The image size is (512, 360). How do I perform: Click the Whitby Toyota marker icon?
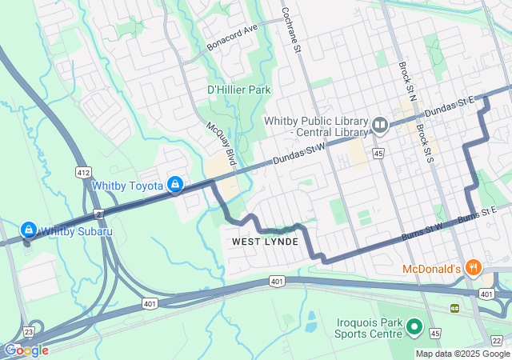175,185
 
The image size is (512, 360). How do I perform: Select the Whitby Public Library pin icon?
380,125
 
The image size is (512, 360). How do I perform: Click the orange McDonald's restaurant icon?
474,269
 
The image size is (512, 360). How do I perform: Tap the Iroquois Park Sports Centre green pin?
414,326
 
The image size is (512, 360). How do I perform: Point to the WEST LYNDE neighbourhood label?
265,242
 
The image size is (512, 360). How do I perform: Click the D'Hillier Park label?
239,90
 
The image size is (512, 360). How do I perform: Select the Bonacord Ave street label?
231,34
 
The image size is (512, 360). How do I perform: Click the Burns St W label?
423,227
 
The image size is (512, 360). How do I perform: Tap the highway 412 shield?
83,172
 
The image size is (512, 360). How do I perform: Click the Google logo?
26,350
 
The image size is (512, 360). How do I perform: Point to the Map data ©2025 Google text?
462,354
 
